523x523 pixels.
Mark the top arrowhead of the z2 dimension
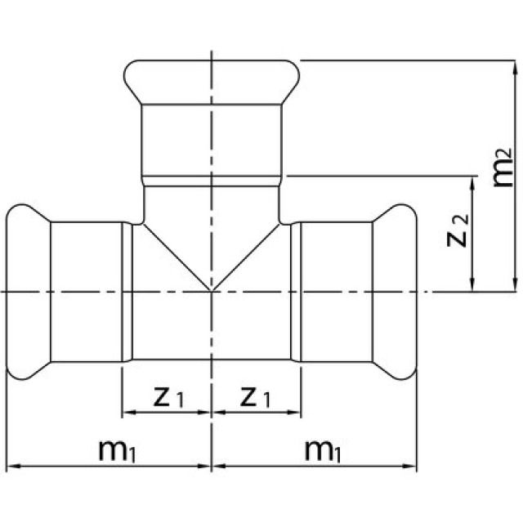pos(472,182)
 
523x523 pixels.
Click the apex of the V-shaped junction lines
pos(212,290)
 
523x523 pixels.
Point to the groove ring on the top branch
pos(212,178)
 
